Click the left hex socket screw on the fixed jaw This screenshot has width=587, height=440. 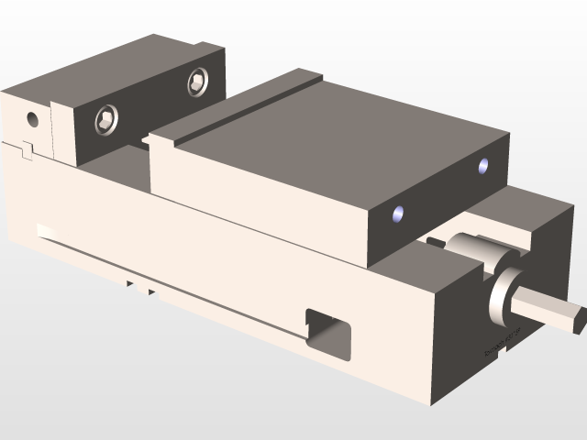tap(107, 119)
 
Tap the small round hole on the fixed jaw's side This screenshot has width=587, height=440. tap(33, 118)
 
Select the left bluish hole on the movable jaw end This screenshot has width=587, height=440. tap(397, 214)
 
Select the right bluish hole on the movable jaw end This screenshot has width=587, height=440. tap(483, 166)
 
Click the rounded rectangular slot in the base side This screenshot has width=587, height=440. tap(327, 330)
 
